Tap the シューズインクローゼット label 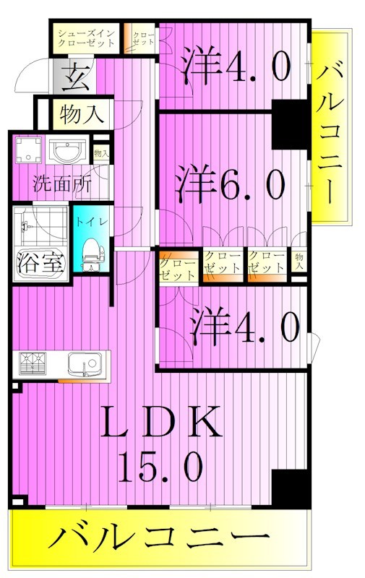coord(87,38)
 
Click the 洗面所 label coord(61,184)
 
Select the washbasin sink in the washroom coord(68,152)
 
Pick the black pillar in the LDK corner coord(290,487)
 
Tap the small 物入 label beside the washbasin coord(101,153)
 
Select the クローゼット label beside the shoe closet coord(142,38)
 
